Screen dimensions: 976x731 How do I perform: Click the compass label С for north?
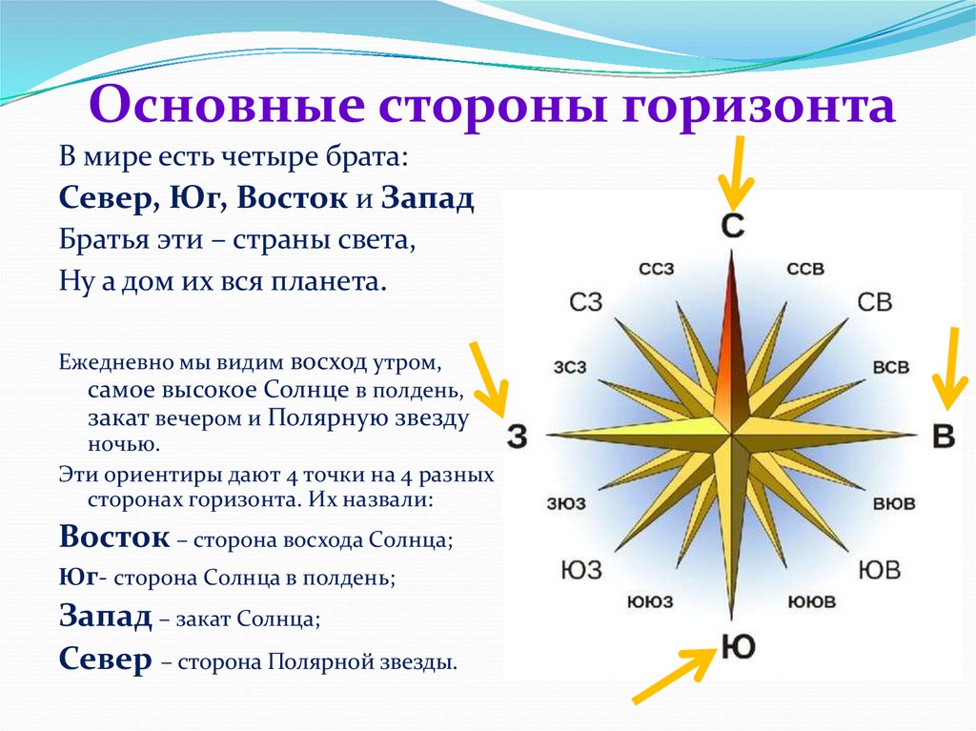[733, 226]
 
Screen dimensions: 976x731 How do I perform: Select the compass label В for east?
[944, 436]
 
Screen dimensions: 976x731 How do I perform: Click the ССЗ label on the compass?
[657, 269]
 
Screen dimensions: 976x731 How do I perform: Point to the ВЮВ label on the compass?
[894, 503]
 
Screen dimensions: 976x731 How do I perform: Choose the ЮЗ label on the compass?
[581, 570]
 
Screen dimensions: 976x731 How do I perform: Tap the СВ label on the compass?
[875, 302]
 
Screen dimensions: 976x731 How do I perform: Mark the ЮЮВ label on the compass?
[812, 601]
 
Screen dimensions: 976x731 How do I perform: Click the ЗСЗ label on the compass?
[570, 367]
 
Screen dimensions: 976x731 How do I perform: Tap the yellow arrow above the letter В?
[950, 369]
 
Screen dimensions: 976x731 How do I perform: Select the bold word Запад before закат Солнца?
[105, 617]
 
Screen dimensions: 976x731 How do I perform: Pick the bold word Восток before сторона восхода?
[114, 537]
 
